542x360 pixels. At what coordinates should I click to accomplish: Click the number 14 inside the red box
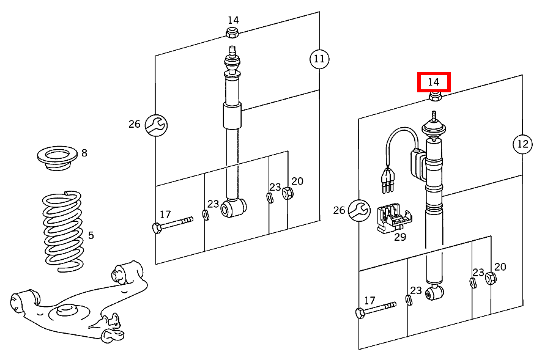point(433,82)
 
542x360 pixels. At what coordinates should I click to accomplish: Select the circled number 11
point(319,59)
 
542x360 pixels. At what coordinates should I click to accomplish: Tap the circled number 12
point(522,144)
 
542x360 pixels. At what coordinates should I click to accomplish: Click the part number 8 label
point(84,153)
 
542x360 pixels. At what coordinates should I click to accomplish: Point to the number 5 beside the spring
point(91,235)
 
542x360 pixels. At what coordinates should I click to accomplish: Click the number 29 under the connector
point(399,237)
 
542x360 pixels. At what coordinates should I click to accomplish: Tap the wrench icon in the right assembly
point(360,211)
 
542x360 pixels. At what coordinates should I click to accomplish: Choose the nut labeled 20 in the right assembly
point(491,279)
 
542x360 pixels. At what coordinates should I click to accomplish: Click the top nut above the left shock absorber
point(232,32)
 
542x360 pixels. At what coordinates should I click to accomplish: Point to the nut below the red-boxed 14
point(434,97)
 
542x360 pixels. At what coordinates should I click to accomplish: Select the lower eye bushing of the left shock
point(234,208)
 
